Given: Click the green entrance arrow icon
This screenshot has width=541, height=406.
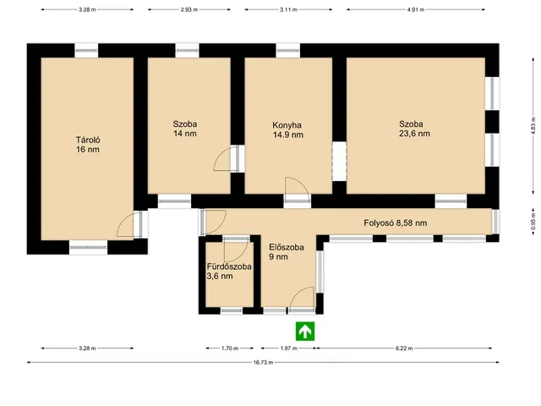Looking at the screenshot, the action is click(x=305, y=332).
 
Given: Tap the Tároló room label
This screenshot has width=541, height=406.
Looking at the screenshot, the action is click(x=88, y=140).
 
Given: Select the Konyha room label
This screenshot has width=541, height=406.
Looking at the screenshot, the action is click(x=287, y=125).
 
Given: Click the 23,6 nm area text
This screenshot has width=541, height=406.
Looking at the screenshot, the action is click(x=414, y=134).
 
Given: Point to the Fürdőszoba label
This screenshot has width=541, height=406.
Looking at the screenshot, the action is click(x=229, y=267).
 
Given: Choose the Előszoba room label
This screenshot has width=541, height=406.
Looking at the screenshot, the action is click(x=287, y=247).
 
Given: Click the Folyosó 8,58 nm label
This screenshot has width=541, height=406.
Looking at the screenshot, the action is click(x=396, y=223).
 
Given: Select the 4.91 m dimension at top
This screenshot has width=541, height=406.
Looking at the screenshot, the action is click(x=415, y=9).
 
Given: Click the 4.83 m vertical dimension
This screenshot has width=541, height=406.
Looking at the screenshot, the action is click(x=533, y=125).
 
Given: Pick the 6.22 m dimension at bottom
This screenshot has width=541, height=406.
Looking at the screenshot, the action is click(x=404, y=348).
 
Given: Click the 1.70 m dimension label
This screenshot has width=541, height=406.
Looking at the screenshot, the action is click(x=230, y=348).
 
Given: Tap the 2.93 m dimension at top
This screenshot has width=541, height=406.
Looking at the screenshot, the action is click(x=189, y=9).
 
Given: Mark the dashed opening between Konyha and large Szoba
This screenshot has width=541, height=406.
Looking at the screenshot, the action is click(x=340, y=162).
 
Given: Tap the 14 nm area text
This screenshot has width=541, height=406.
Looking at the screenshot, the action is click(x=185, y=134).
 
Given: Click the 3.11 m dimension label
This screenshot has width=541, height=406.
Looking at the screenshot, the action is click(x=288, y=9).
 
